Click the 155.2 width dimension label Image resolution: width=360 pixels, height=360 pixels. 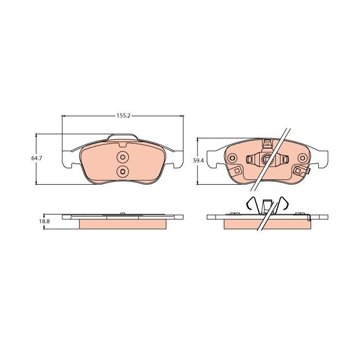pos(123,116)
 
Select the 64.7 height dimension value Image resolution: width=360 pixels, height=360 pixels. pos(37,158)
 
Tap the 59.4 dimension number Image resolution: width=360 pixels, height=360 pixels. pos(199,160)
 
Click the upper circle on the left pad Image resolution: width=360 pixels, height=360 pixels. pos(122,157)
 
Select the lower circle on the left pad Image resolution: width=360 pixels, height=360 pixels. pos(122,171)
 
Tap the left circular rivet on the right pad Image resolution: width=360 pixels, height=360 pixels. pos(232,158)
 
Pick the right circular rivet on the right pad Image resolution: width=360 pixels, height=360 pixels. pos(302,158)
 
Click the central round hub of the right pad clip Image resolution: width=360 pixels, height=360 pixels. pos(267,158)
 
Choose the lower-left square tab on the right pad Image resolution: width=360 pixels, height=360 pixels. pos(237,171)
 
